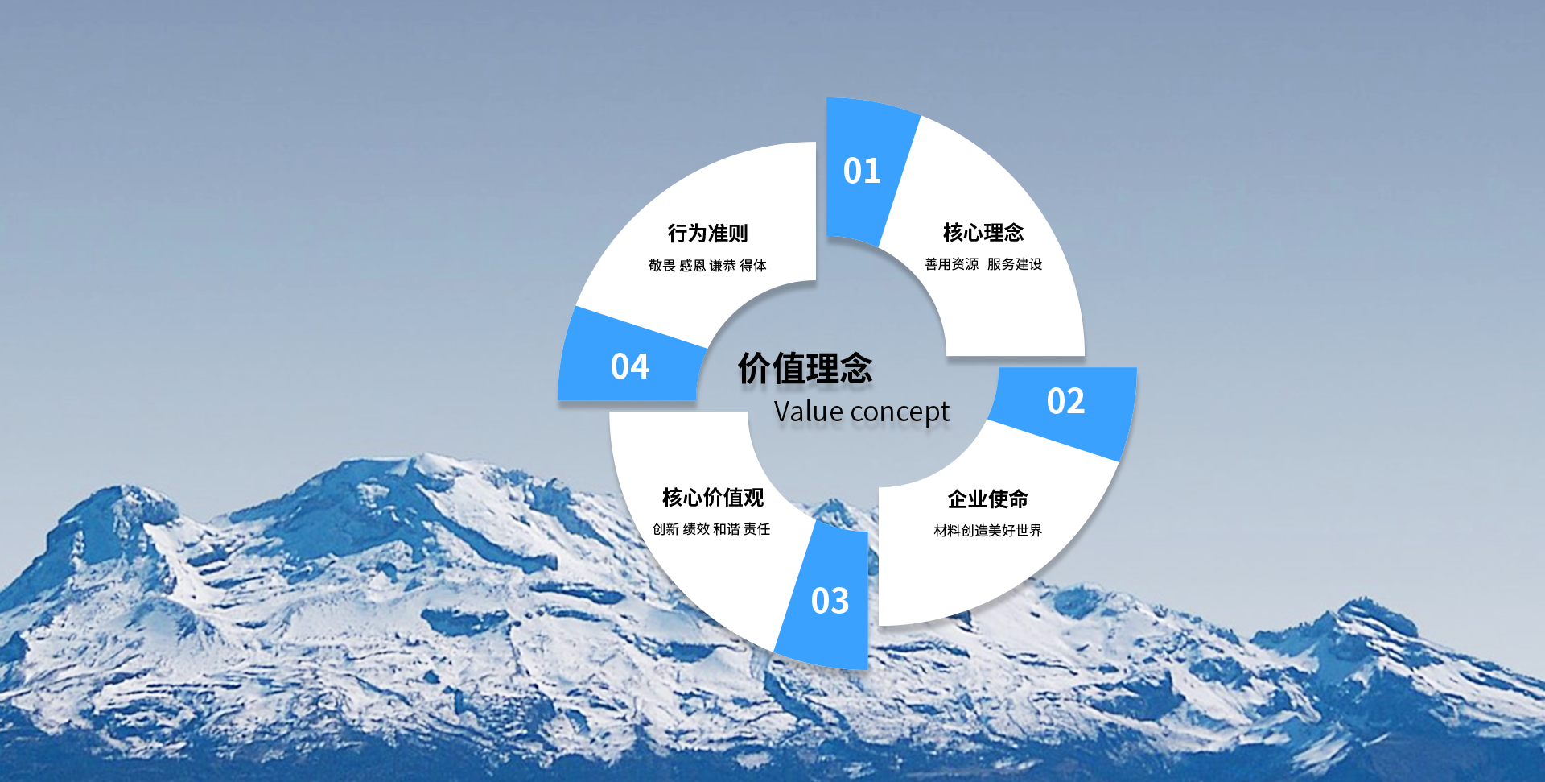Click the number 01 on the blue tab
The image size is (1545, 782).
(x=862, y=171)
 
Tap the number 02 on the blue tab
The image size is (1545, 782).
(x=1065, y=401)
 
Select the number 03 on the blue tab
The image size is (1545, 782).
(x=830, y=601)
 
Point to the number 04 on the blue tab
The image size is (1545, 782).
(x=629, y=367)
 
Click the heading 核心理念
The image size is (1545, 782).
(x=983, y=233)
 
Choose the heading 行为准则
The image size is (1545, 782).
(x=707, y=234)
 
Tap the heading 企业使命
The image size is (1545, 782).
(x=987, y=499)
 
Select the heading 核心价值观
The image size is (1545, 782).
(x=713, y=498)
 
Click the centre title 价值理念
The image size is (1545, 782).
(x=805, y=369)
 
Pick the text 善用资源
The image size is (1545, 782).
(x=952, y=264)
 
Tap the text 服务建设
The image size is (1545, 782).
(x=1015, y=264)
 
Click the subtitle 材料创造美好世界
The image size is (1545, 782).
(x=988, y=531)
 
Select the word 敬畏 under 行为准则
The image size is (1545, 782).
(x=662, y=266)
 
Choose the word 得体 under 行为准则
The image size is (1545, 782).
(x=753, y=266)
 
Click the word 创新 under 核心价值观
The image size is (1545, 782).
(x=665, y=529)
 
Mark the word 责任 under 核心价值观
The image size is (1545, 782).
(x=756, y=529)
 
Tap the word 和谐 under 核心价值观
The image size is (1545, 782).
(x=726, y=529)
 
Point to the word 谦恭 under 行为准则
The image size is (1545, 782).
(x=723, y=266)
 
